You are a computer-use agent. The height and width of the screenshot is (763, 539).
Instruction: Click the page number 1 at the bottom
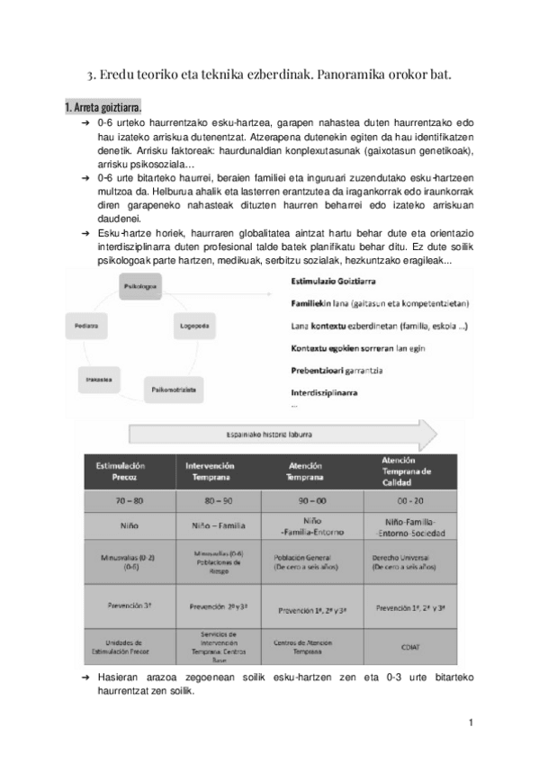[471, 722]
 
